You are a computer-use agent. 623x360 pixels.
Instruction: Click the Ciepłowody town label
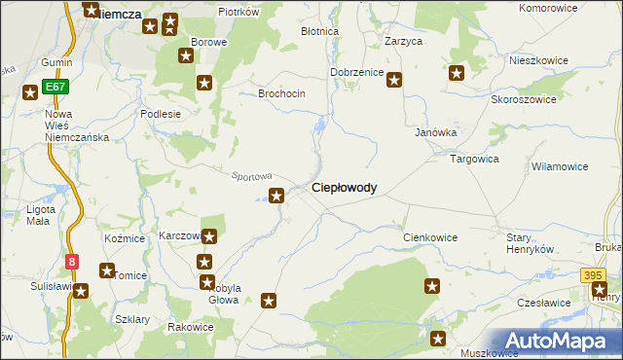pos(344,188)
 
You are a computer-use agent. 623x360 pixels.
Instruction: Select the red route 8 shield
pos(72,261)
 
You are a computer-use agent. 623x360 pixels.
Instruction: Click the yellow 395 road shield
pos(594,276)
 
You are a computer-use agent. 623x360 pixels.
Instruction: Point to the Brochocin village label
pos(281,93)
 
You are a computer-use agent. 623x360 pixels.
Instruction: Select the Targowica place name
pos(474,157)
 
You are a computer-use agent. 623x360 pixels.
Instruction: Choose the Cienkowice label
pos(430,237)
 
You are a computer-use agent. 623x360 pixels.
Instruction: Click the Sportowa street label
pos(250,176)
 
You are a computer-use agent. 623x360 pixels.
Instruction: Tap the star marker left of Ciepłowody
pos(277,196)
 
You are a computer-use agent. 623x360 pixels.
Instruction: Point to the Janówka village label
pos(436,132)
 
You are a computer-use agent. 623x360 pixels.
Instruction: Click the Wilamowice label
pos(559,166)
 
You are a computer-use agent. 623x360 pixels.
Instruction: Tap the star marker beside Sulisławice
pos(81,290)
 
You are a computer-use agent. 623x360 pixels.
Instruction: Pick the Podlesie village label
pos(161,114)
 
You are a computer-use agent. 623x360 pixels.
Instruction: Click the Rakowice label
pos(190,327)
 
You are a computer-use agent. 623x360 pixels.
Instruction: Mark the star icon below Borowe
pos(204,82)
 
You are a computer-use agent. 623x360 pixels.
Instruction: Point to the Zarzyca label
pos(403,42)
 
